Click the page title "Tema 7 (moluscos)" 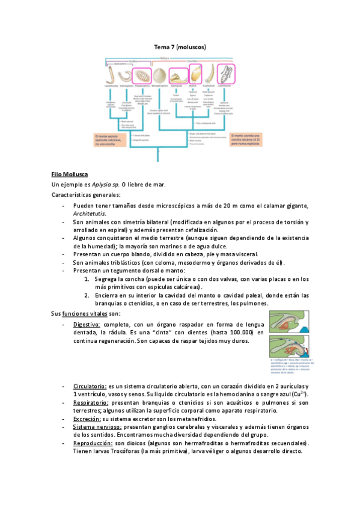[180, 46]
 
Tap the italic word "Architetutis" [90, 214]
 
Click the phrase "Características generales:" [85, 195]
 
